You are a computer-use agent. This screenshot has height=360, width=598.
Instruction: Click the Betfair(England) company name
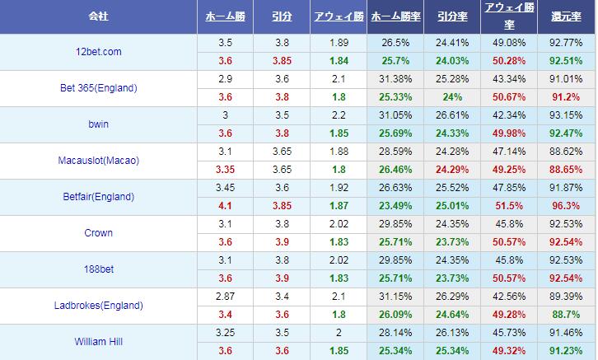[x=98, y=197]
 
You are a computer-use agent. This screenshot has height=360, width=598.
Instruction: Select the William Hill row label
[x=98, y=342]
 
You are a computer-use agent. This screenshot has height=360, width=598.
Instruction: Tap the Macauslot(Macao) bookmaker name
[x=98, y=161]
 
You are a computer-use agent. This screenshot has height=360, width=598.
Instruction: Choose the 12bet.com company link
[x=98, y=52]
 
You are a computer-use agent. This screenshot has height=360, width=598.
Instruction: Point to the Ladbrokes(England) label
[x=98, y=306]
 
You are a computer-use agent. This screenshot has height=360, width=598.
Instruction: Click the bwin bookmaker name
[x=98, y=124]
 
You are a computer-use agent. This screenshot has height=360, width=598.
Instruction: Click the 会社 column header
[x=98, y=16]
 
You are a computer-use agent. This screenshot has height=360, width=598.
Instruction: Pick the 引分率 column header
[x=451, y=16]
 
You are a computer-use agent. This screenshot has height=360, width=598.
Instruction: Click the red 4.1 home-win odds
[x=226, y=206]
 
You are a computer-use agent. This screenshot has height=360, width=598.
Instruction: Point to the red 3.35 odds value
[x=226, y=170]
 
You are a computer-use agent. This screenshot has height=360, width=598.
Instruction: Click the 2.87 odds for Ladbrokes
[x=226, y=297]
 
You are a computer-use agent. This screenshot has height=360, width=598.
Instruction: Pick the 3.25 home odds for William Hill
[x=226, y=333]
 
